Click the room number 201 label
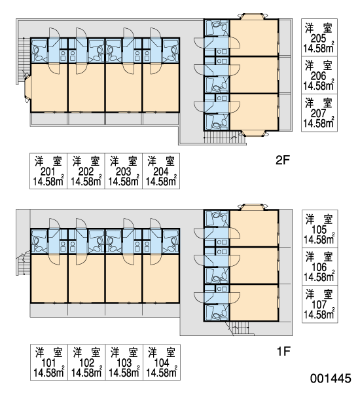(48, 172)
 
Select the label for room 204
(160, 172)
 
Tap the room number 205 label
(318, 39)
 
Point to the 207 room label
(318, 113)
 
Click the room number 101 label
(48, 363)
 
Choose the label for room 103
(124, 363)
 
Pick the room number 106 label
(319, 267)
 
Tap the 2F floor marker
(283, 160)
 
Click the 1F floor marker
(283, 351)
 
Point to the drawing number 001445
(331, 379)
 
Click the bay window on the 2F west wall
(27, 88)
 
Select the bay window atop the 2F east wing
(253, 16)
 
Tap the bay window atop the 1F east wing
(253, 207)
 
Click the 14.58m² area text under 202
(86, 181)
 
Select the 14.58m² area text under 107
(319, 314)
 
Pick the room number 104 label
(162, 363)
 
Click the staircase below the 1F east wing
(240, 329)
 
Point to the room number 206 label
(318, 76)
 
